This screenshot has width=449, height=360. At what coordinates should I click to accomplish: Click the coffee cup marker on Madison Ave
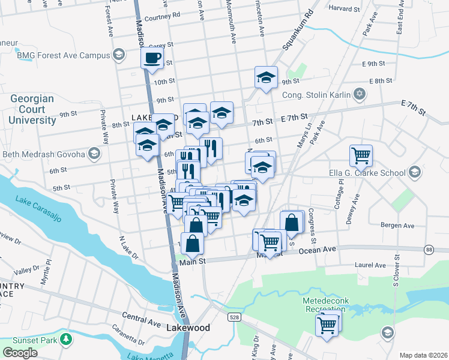[x=152, y=58]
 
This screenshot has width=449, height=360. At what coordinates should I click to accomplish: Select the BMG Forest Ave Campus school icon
[x=119, y=55]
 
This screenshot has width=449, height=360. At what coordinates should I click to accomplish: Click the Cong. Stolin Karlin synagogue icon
[x=360, y=93]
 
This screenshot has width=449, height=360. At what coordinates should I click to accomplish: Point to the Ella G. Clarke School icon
[x=414, y=173]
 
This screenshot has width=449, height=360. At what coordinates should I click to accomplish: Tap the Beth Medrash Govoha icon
[x=94, y=154]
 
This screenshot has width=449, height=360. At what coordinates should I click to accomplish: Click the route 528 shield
[x=231, y=317]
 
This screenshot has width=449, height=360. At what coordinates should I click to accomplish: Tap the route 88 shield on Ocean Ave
[x=429, y=249]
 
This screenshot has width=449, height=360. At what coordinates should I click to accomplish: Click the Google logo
[x=20, y=352]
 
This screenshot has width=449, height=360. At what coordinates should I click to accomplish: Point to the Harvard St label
[x=344, y=8]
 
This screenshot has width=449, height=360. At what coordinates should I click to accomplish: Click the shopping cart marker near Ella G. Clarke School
[x=361, y=155]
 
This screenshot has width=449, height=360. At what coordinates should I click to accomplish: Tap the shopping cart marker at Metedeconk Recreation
[x=327, y=325]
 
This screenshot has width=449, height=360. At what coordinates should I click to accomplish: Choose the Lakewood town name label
[x=188, y=328]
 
